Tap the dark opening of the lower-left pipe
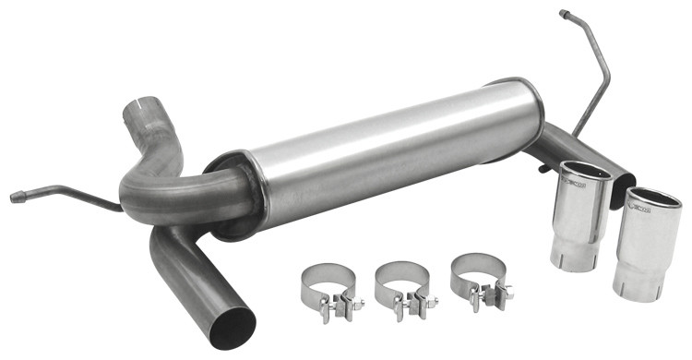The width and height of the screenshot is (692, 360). tap(232, 328)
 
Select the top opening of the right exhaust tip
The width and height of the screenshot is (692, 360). tap(653, 198)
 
